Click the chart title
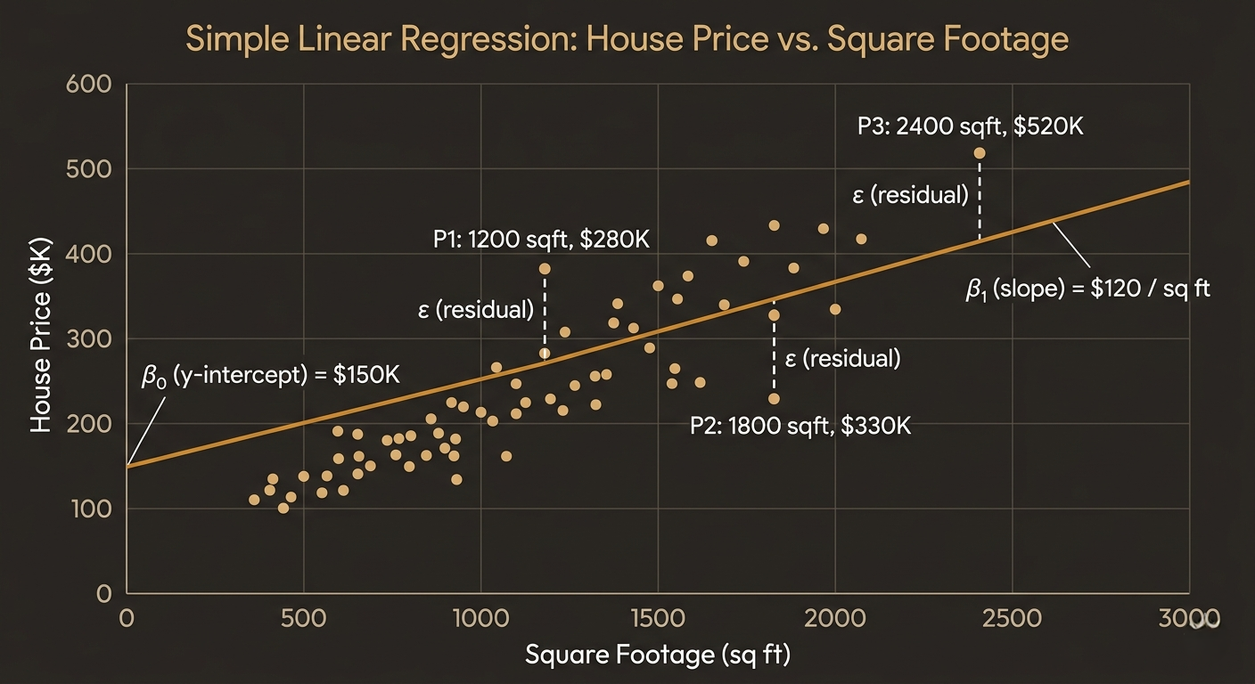[627, 39]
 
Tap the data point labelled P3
[980, 153]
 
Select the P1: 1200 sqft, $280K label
[541, 240]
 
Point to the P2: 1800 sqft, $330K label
[800, 426]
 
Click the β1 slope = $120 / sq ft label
[1087, 289]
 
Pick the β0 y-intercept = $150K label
[271, 375]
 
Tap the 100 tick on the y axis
[91, 509]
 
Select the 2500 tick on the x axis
[1012, 618]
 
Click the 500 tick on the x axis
[303, 618]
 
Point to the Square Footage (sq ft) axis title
[658, 655]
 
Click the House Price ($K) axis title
[41, 335]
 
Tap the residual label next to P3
[910, 195]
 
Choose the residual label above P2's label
[842, 358]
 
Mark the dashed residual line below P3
[980, 199]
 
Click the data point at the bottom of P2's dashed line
[774, 398]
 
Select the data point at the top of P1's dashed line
[545, 269]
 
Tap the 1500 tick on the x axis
[658, 618]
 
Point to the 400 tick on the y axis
[88, 254]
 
